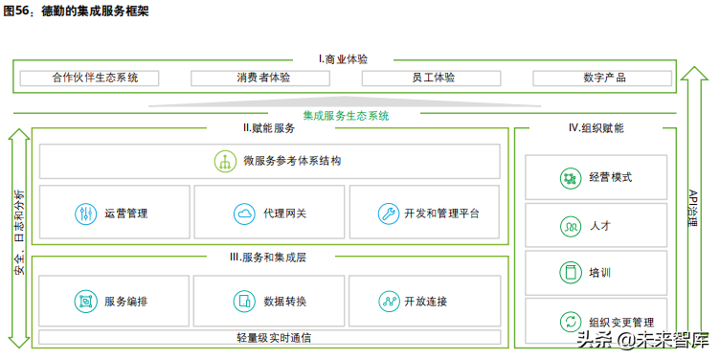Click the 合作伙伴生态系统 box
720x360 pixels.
(x=95, y=78)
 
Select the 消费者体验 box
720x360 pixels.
(x=263, y=78)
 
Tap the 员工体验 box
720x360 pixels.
(x=434, y=78)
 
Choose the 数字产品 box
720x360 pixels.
(x=603, y=78)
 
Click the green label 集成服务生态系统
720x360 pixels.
(x=347, y=116)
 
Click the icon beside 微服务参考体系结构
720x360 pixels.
(x=225, y=161)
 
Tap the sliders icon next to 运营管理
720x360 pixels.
(x=86, y=213)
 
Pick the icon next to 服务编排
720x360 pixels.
(x=86, y=301)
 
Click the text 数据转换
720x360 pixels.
(x=285, y=302)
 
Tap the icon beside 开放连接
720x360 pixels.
(x=388, y=301)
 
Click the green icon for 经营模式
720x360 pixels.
(x=570, y=178)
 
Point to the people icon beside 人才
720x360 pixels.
(x=570, y=226)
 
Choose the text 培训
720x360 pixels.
(x=600, y=274)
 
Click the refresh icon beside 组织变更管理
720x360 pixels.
(x=570, y=322)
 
